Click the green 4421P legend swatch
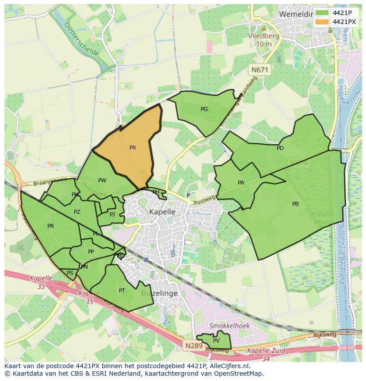pyautogui.click(x=322, y=13)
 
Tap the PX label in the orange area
pyautogui.click(x=133, y=148)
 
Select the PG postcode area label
pyautogui.click(x=204, y=109)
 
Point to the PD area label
pyautogui.click(x=280, y=148)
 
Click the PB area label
pyautogui.click(x=295, y=204)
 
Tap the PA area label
pyautogui.click(x=241, y=182)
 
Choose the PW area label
pyautogui.click(x=102, y=180)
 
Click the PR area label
pyautogui.click(x=51, y=226)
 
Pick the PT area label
pyautogui.click(x=122, y=290)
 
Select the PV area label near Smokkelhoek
pyautogui.click(x=216, y=340)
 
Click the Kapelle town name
pyautogui.click(x=162, y=212)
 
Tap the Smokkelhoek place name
pyautogui.click(x=229, y=326)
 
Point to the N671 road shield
pyautogui.click(x=260, y=69)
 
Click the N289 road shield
pyautogui.click(x=194, y=346)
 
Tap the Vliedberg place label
pyautogui.click(x=263, y=36)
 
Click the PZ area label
pyautogui.click(x=77, y=212)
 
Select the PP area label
pyautogui.click(x=91, y=252)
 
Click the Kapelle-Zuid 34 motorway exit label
pyautogui.click(x=266, y=354)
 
